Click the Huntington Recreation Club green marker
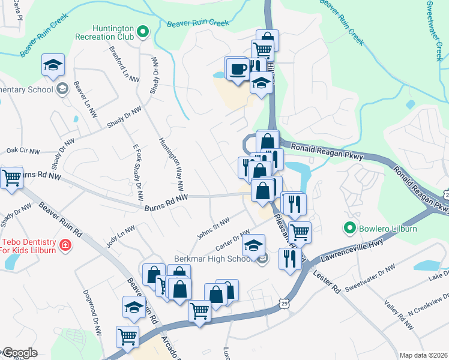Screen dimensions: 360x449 click(142, 31)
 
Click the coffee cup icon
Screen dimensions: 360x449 click(238, 68)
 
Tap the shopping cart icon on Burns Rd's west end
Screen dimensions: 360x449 click(11, 178)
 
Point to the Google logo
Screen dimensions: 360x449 click(19, 353)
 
